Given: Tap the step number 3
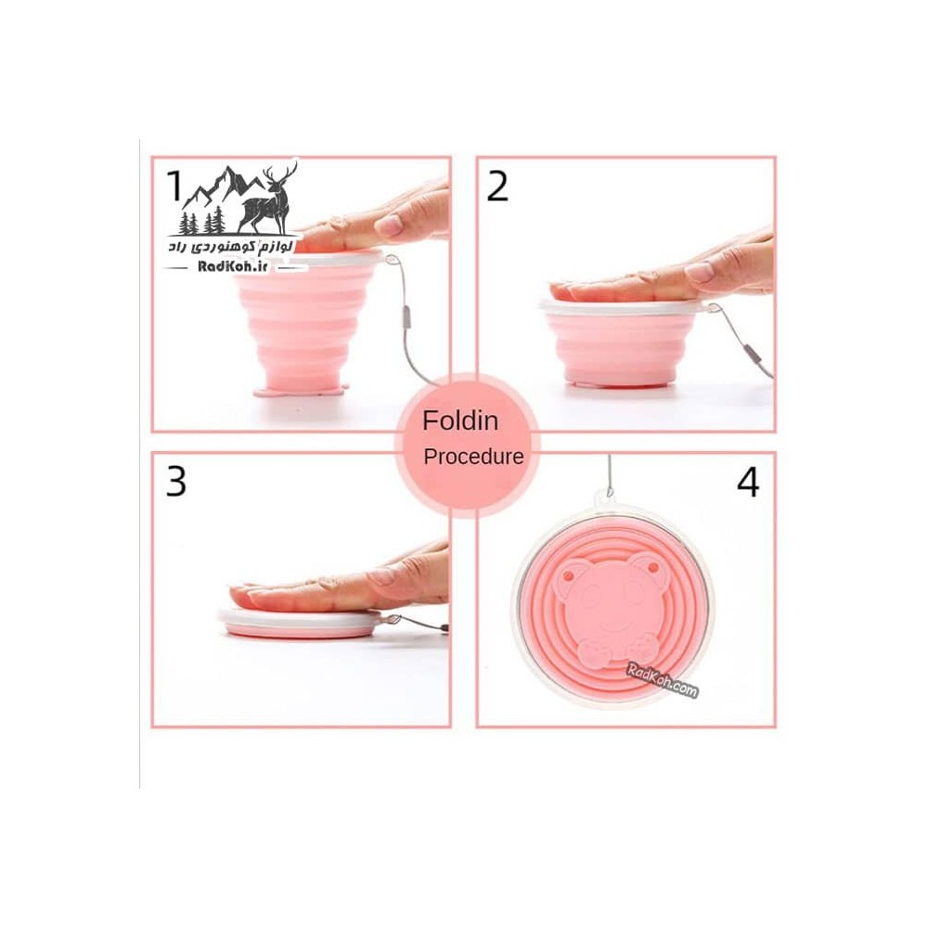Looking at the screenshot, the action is pyautogui.click(x=175, y=481).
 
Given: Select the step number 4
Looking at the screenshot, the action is pyautogui.click(x=747, y=481).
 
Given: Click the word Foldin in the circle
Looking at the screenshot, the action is pyautogui.click(x=460, y=420).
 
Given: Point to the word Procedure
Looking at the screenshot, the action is pyautogui.click(x=473, y=457).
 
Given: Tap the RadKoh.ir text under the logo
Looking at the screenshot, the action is pyautogui.click(x=233, y=266).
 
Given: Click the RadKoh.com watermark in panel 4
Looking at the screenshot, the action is pyautogui.click(x=663, y=680).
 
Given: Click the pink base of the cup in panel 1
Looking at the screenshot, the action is pyautogui.click(x=300, y=391).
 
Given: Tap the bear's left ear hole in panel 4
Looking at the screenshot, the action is pyautogui.click(x=569, y=574).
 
